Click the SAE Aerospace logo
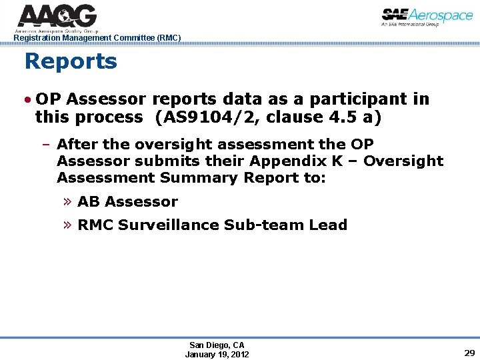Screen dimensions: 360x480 pos(427,17)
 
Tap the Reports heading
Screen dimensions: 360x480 pos(71,62)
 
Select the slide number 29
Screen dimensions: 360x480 pos(469,353)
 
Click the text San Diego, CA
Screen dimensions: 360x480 pos(217,345)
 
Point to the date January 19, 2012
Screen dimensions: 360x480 pos(217,354)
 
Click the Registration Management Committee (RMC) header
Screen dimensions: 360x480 pos(97,38)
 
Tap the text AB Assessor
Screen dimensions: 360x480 pos(127,201)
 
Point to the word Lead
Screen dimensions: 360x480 pos(329,225)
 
